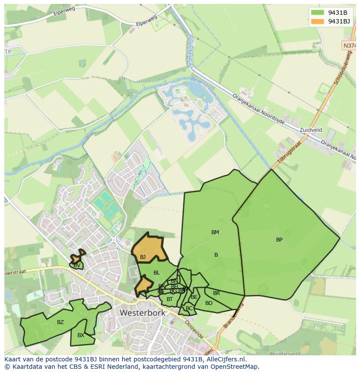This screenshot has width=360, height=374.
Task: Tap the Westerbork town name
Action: [x=143, y=313]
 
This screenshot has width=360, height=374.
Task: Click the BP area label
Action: [x=279, y=240]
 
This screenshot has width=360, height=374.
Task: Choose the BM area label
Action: [x=215, y=232]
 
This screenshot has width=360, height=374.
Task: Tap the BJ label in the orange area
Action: [x=143, y=257]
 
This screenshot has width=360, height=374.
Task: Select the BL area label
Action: [x=157, y=273]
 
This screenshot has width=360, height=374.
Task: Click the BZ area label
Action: [x=60, y=322]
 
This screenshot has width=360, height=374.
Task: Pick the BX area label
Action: [x=81, y=335]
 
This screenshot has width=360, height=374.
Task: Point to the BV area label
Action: [x=77, y=265]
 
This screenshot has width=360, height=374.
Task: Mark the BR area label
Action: [x=217, y=293]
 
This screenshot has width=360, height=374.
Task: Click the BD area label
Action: [x=209, y=303]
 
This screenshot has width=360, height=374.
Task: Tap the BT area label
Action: [x=170, y=299]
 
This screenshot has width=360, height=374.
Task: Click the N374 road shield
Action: [x=349, y=45]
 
